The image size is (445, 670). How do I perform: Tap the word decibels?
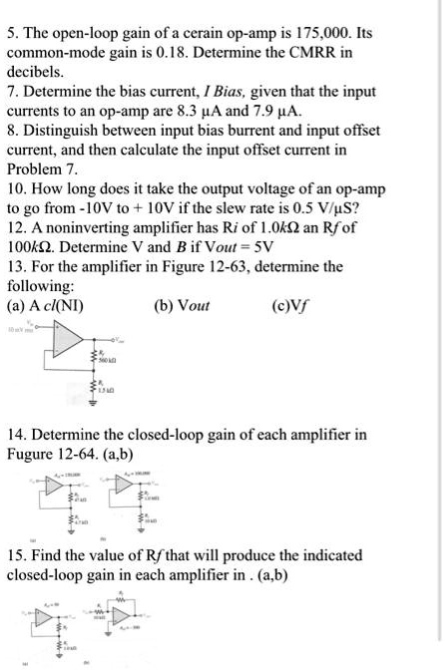tap(37, 73)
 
